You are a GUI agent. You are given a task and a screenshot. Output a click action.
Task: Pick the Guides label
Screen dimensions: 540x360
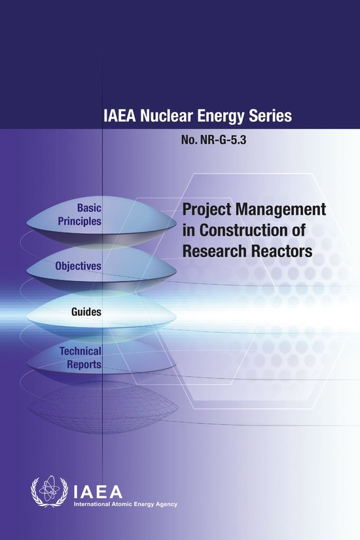click(86, 312)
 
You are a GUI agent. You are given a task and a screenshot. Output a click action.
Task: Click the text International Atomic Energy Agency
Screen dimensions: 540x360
click(124, 505)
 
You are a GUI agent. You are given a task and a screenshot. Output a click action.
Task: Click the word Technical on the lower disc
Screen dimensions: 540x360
click(80, 351)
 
